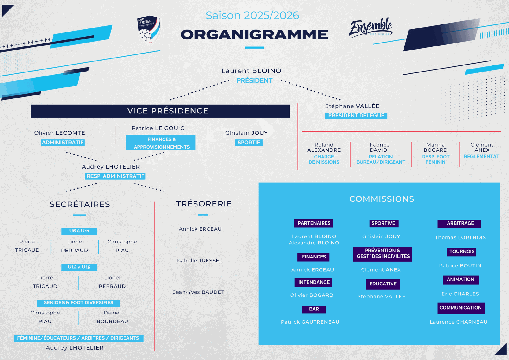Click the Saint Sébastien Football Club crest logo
[x=149, y=30]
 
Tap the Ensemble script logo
[x=371, y=28]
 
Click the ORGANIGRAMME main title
[x=254, y=35]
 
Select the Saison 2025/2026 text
[x=252, y=15]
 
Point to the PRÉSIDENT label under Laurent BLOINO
[x=254, y=80]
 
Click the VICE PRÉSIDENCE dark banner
[x=160, y=111]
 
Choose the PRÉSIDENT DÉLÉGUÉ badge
[x=356, y=116]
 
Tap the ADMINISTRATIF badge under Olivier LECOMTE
[x=63, y=143]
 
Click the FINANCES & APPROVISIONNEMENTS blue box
[x=161, y=143]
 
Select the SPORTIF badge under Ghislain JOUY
[x=249, y=143]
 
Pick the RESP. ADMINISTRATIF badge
[x=115, y=176]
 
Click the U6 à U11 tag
[x=79, y=231]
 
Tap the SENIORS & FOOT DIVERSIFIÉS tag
[x=78, y=303]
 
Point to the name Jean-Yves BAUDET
[x=198, y=292]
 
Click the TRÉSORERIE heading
[x=204, y=204]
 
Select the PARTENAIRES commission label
[x=314, y=223]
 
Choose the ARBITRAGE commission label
[x=460, y=224]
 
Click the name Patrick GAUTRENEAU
[x=310, y=322]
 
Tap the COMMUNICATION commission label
[x=460, y=308]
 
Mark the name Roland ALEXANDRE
[x=324, y=147]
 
